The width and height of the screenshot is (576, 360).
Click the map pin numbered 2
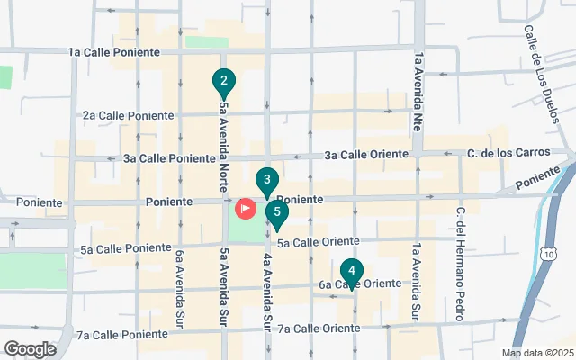pyautogui.click(x=223, y=82)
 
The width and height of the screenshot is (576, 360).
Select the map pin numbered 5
pyautogui.click(x=278, y=215)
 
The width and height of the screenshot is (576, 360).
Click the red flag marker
pyautogui.click(x=245, y=208)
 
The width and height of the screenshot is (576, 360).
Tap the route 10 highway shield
pyautogui.click(x=549, y=255)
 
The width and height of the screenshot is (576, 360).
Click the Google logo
pyautogui.click(x=30, y=348)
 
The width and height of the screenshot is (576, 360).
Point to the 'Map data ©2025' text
pyautogui.click(x=537, y=353)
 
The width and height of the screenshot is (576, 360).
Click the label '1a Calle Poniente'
pyautogui.click(x=114, y=52)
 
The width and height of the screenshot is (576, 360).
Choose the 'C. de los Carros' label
pyautogui.click(x=509, y=152)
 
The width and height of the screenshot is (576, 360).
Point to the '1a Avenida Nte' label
pyautogui.click(x=418, y=90)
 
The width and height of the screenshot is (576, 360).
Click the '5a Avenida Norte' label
pyautogui.click(x=223, y=140)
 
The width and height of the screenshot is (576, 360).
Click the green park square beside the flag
pyautogui.click(x=246, y=229)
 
